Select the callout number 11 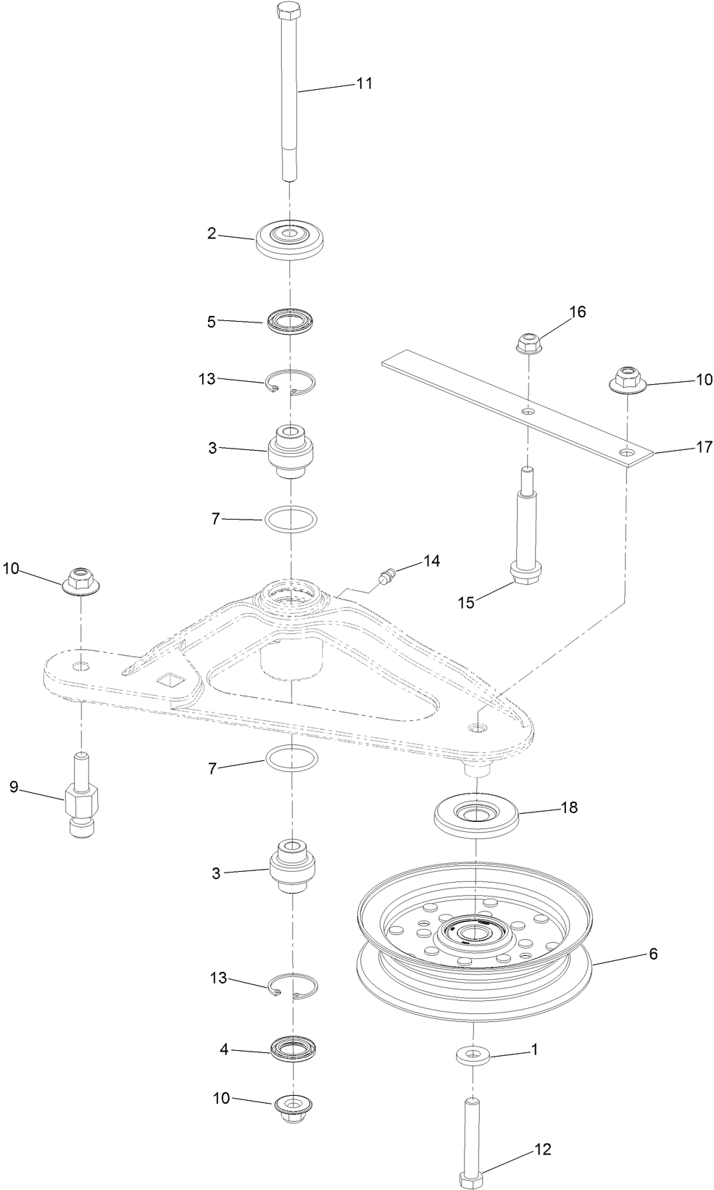364,83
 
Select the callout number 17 705,447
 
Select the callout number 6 653,954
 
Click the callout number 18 570,807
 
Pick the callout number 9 14,786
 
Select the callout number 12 542,1149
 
